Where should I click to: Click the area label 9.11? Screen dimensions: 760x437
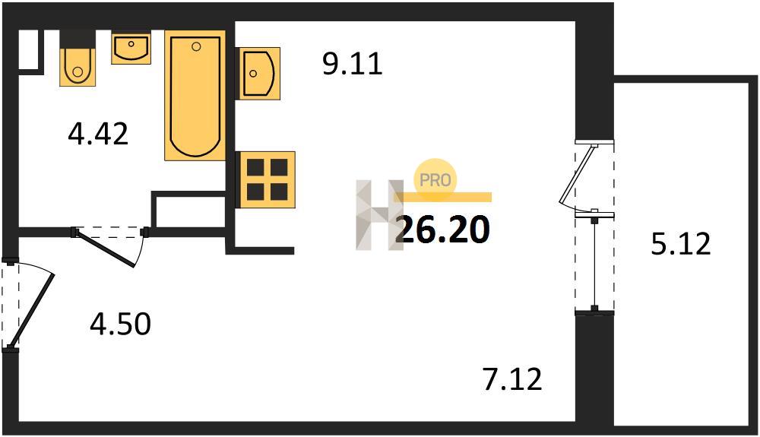(353, 64)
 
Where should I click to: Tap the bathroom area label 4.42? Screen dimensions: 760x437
(98, 134)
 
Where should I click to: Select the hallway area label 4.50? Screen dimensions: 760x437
(120, 324)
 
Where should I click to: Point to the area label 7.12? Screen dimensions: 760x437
(512, 379)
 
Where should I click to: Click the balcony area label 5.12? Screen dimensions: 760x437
(680, 243)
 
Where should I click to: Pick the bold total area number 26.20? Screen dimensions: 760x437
(442, 230)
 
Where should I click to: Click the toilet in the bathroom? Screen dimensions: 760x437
(78, 66)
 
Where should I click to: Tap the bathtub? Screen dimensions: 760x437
(195, 96)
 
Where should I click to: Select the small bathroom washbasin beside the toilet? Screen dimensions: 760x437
(131, 47)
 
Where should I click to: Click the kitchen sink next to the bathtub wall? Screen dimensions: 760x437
(258, 73)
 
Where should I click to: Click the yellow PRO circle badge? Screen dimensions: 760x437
(435, 180)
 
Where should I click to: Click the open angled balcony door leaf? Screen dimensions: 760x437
(577, 174)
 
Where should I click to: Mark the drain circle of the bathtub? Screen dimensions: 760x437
(196, 46)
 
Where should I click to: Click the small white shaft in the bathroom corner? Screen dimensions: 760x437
(27, 49)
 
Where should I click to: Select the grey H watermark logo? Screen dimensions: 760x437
(379, 215)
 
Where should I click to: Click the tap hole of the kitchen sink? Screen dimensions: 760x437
(253, 73)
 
